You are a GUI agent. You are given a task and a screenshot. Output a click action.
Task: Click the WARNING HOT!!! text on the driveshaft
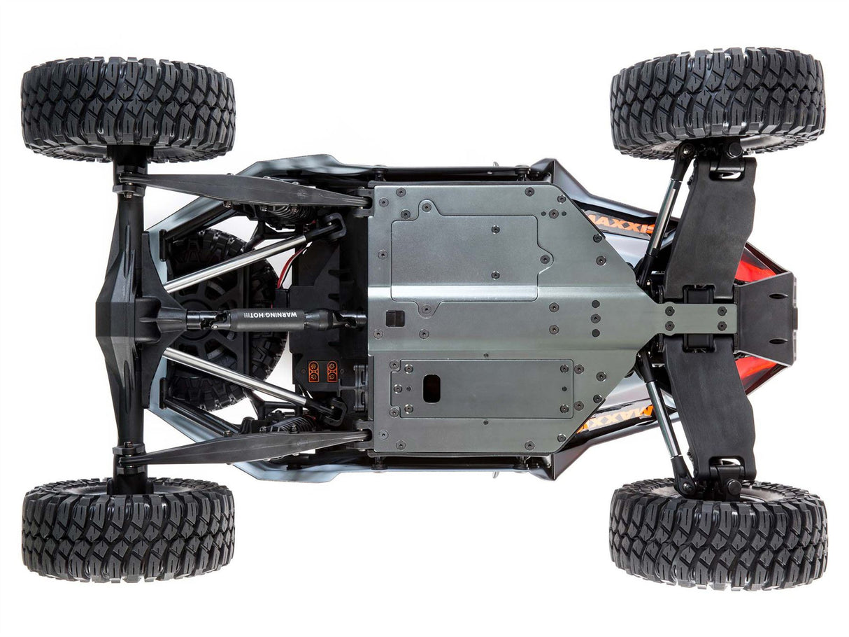coord(269,315)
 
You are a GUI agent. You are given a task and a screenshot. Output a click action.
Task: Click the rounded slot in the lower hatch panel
coord(431,388)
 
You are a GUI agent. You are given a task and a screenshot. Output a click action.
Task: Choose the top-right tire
coord(718,99)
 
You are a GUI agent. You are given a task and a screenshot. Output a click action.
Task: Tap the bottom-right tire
coord(718,533)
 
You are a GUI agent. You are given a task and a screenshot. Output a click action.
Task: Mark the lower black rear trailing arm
coord(245,446)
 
